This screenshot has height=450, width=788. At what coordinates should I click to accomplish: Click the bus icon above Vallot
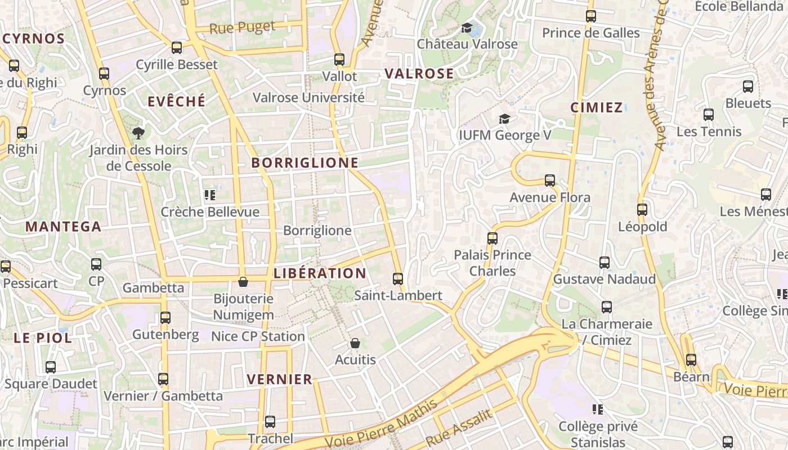point(339,59)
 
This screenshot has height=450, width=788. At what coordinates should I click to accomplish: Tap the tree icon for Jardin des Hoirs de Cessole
point(138,133)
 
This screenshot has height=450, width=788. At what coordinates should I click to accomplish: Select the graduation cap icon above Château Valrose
point(467,28)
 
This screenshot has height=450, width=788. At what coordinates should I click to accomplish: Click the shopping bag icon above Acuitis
point(355,343)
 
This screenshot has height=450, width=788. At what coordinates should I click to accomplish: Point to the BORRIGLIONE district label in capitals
point(305,163)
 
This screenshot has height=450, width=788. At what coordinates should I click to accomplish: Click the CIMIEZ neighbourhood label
point(596,107)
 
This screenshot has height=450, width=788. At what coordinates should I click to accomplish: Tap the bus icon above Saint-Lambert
point(398,278)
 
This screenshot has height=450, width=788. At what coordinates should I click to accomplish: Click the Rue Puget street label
point(243,27)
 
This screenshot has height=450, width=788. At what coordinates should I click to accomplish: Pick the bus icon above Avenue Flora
point(550,181)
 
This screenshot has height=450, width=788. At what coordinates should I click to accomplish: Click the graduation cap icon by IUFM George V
point(504,119)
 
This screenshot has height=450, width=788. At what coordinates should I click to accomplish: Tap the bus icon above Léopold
point(642,210)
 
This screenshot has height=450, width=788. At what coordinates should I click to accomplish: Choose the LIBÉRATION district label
point(320,273)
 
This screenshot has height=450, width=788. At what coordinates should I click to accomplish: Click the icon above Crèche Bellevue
point(210,195)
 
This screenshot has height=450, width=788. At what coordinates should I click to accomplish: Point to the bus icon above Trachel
point(270,421)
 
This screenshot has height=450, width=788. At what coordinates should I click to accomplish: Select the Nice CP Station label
point(258,336)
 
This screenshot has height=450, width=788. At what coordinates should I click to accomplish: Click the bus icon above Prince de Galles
point(590,16)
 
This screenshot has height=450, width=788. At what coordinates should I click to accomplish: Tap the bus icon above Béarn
point(691,360)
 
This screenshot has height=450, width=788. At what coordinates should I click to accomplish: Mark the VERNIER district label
point(280,379)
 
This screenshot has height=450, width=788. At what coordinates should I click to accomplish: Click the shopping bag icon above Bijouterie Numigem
point(243,281)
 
